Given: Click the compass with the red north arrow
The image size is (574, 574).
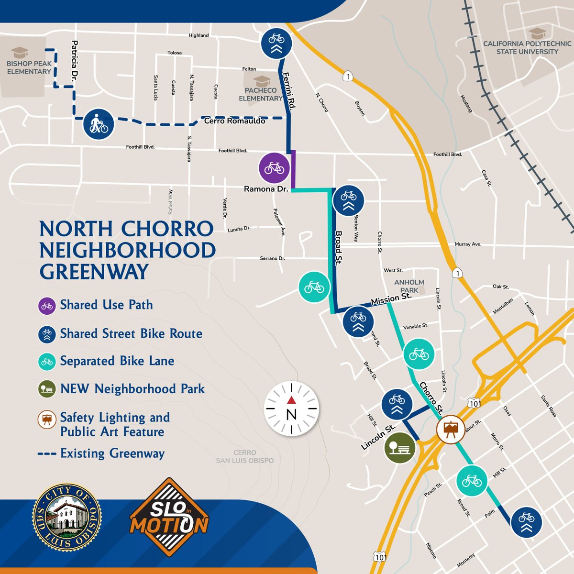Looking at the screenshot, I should (291, 408).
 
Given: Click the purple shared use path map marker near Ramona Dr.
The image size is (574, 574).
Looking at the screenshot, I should (274, 168).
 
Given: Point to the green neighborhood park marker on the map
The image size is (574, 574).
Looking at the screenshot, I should (400, 448).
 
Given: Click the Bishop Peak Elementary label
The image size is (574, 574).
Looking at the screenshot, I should (29, 67).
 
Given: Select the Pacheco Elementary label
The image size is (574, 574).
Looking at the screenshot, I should (261, 94).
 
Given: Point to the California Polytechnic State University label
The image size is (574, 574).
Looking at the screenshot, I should (527, 47).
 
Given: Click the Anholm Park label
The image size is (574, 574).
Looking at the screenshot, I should (409, 286).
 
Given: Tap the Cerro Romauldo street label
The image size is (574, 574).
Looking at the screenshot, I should (235, 121).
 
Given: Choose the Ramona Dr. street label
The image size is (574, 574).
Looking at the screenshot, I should (266, 189).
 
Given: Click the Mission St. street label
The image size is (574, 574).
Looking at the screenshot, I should (391, 299).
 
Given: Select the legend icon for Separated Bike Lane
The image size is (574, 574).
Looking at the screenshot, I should (47, 362).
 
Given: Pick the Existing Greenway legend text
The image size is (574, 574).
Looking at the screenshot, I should (112, 453).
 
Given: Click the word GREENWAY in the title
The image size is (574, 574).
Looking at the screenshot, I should (94, 272).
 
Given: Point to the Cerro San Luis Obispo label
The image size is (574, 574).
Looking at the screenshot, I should (245, 456).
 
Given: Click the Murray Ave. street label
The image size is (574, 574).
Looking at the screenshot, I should (468, 244).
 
